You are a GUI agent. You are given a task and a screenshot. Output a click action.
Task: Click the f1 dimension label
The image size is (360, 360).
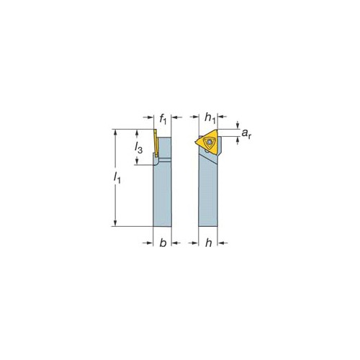click(x=163, y=119)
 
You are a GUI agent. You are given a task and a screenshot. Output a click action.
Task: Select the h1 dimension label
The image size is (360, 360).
click(x=210, y=118)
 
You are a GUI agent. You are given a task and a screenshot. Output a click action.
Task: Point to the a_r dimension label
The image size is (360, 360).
click(x=246, y=133)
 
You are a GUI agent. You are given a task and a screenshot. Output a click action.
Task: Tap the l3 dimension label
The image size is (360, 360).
click(x=138, y=148)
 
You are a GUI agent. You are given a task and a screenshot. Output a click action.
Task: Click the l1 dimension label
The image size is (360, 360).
click(x=117, y=178)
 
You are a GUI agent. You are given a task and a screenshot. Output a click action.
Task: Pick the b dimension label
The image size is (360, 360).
click(x=163, y=243)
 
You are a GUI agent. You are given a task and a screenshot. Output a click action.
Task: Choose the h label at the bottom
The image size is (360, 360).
click(x=209, y=243)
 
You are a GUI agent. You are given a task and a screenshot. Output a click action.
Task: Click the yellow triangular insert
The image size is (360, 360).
click(x=208, y=142)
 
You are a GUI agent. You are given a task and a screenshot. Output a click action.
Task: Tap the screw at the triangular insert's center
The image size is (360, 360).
click(x=210, y=142)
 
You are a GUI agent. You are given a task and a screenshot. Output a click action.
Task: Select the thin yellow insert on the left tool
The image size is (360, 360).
click(x=156, y=143)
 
